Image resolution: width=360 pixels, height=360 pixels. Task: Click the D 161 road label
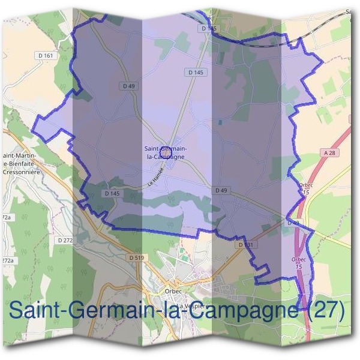(x=49, y=56)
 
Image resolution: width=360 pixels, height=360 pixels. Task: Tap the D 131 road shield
(x=245, y=245)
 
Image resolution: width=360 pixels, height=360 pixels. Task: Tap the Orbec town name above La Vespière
(x=172, y=292)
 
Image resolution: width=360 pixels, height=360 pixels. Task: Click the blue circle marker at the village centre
(x=164, y=145)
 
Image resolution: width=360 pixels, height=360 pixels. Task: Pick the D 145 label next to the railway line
(x=209, y=28)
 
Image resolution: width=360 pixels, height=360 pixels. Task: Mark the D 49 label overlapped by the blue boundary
(x=293, y=223)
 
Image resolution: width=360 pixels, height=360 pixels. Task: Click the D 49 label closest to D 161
(x=128, y=86)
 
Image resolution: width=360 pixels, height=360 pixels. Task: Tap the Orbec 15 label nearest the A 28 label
(x=305, y=188)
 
